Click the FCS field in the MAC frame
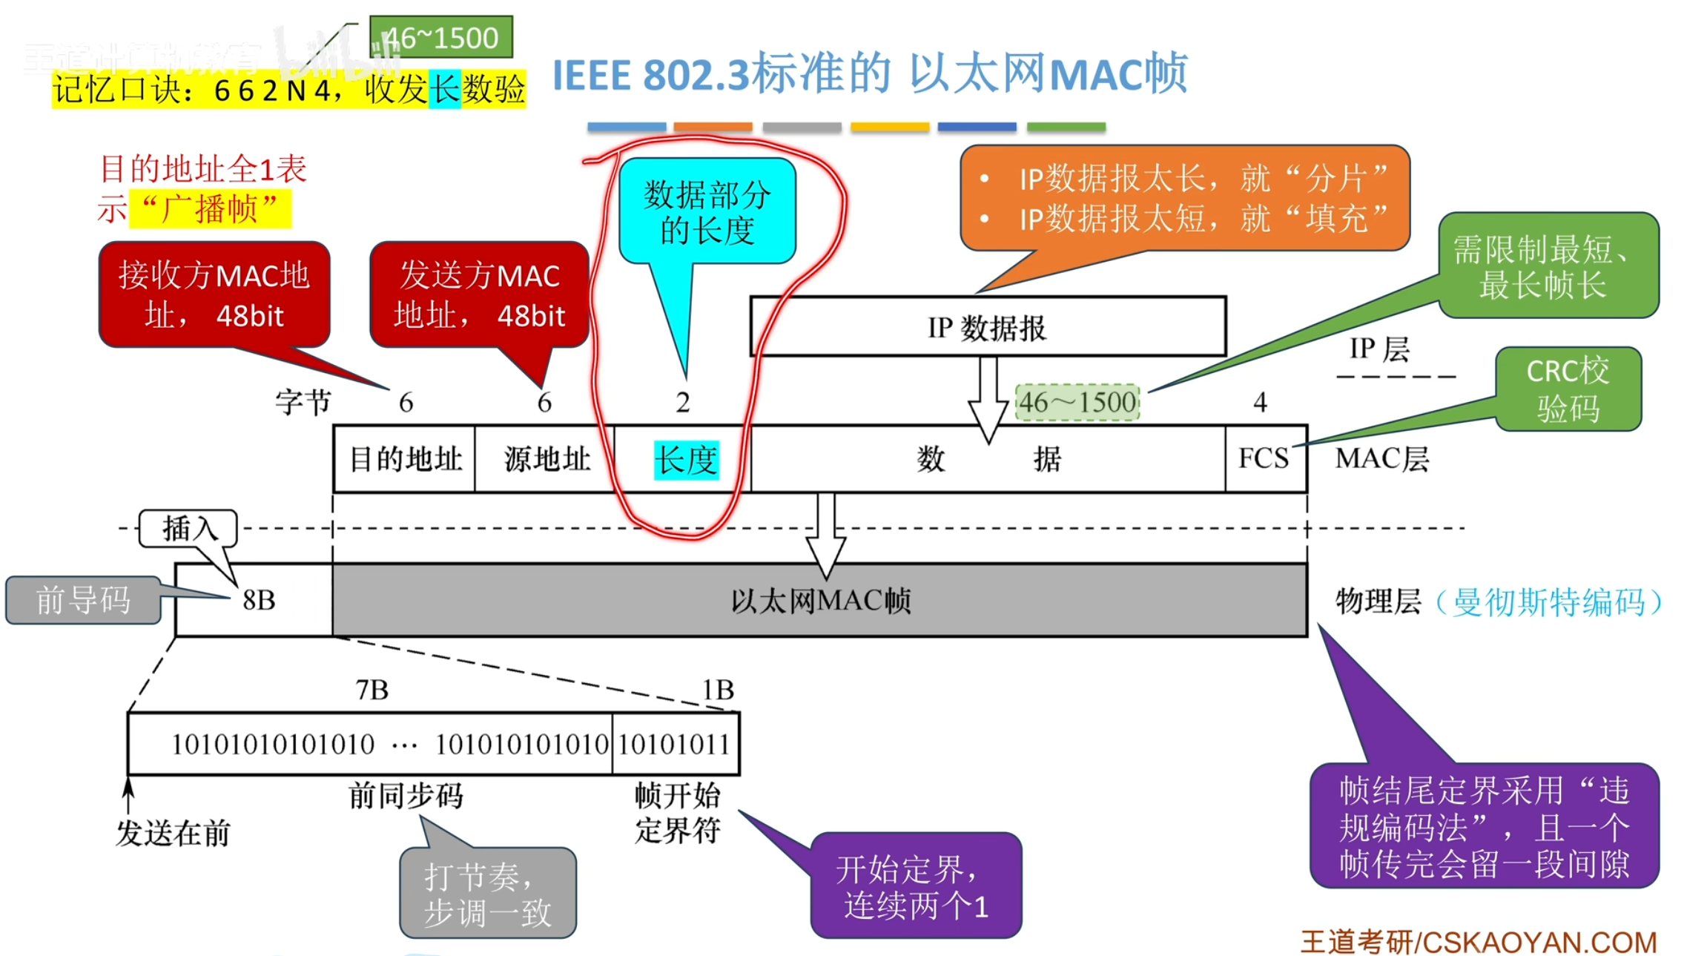coord(1265,458)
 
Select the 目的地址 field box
coord(405,458)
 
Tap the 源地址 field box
coord(546,458)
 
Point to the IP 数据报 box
coord(988,327)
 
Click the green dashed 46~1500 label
coord(1077,403)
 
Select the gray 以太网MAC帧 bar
coord(819,600)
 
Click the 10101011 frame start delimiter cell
coord(675,744)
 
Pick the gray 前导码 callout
coord(83,600)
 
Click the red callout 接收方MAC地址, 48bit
coord(214,294)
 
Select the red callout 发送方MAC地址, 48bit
coord(479,294)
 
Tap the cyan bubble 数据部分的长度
coord(707,211)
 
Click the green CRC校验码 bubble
coord(1568,389)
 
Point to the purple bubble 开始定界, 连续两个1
coord(915,886)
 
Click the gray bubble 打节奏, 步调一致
coord(488,894)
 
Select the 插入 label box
coord(188,529)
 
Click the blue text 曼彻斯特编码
coord(1548,601)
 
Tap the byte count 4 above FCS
coord(1260,402)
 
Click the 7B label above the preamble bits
coord(372,690)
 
